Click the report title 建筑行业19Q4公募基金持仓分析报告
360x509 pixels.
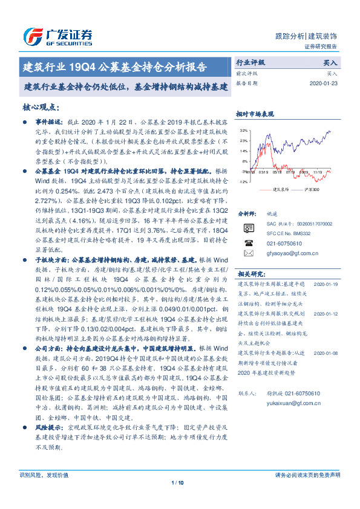[x=114, y=66]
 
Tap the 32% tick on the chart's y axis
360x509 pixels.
[x=243, y=131]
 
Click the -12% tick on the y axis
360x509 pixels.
[x=243, y=181]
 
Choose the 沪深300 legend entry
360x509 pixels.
[x=313, y=189]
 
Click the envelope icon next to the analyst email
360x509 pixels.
[x=249, y=253]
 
